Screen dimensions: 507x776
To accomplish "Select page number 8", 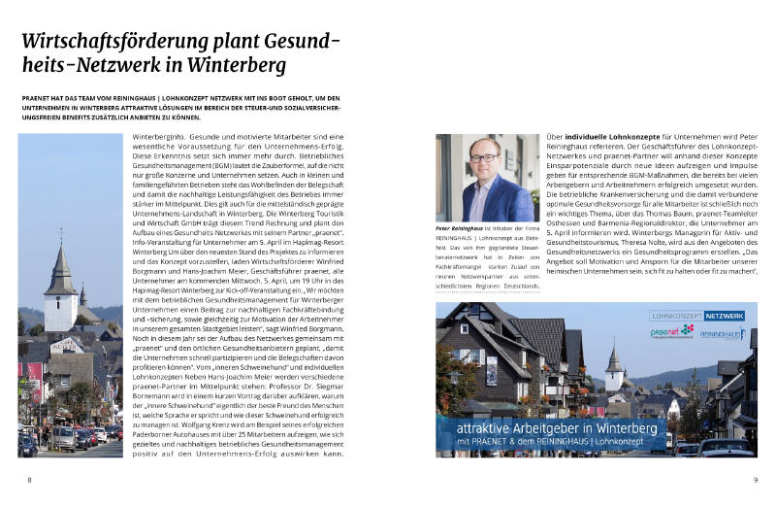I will click(28, 479).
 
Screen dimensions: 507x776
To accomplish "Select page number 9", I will click(754, 479).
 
